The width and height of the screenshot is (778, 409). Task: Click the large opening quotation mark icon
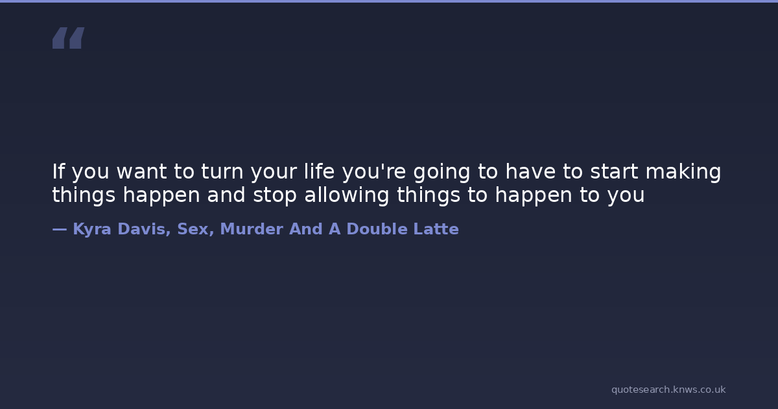coord(69,38)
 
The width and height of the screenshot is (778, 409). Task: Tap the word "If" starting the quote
coord(58,171)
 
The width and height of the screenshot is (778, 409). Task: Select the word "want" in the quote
coord(142,172)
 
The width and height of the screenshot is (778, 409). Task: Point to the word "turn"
coord(222,172)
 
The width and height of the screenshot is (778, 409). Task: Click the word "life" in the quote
coord(319,171)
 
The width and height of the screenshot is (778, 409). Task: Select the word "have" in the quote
coord(530,171)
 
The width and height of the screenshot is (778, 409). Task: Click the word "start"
coord(614,172)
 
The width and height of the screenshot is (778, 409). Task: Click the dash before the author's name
coord(60,229)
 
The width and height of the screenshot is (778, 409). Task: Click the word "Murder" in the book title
coord(252,229)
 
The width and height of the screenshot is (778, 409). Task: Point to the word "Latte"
coord(436,229)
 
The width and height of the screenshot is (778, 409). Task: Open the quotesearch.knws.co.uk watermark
coord(668,390)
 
